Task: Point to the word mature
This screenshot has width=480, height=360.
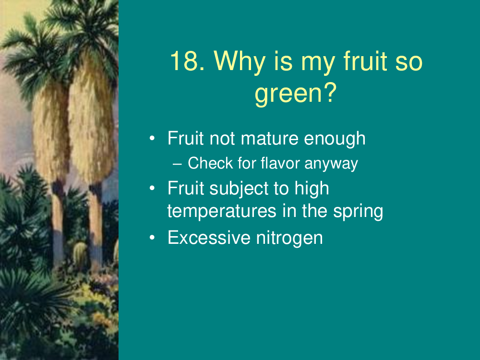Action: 269,138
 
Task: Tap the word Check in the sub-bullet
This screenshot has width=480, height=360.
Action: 210,163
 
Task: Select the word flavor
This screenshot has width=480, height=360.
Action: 280,163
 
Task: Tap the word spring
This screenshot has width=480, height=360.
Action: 358,212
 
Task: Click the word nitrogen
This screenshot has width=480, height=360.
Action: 289,239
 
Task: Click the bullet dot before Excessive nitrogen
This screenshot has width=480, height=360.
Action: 152,238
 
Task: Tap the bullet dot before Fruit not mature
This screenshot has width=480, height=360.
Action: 152,138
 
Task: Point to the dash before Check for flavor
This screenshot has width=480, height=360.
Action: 177,164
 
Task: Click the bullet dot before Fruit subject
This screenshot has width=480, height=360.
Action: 152,188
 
